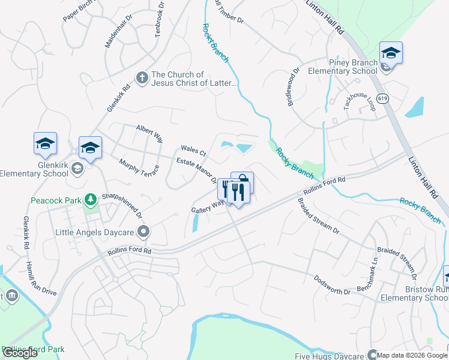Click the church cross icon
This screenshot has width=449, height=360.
tap(142, 78)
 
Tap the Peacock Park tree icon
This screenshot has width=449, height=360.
tap(90, 199)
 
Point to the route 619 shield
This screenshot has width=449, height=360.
tap(382, 97)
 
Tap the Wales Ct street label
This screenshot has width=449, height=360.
tap(193, 150)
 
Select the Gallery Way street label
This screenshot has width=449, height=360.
tap(207, 206)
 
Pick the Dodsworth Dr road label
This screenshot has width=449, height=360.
tap(331, 284)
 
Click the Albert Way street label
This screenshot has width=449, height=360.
tap(149, 133)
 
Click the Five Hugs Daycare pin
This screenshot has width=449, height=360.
tap(372, 355)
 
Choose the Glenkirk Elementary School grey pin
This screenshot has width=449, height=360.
tap(76, 170)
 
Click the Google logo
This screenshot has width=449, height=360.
tap(20, 353)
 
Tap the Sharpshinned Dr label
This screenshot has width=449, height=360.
tap(121, 205)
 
